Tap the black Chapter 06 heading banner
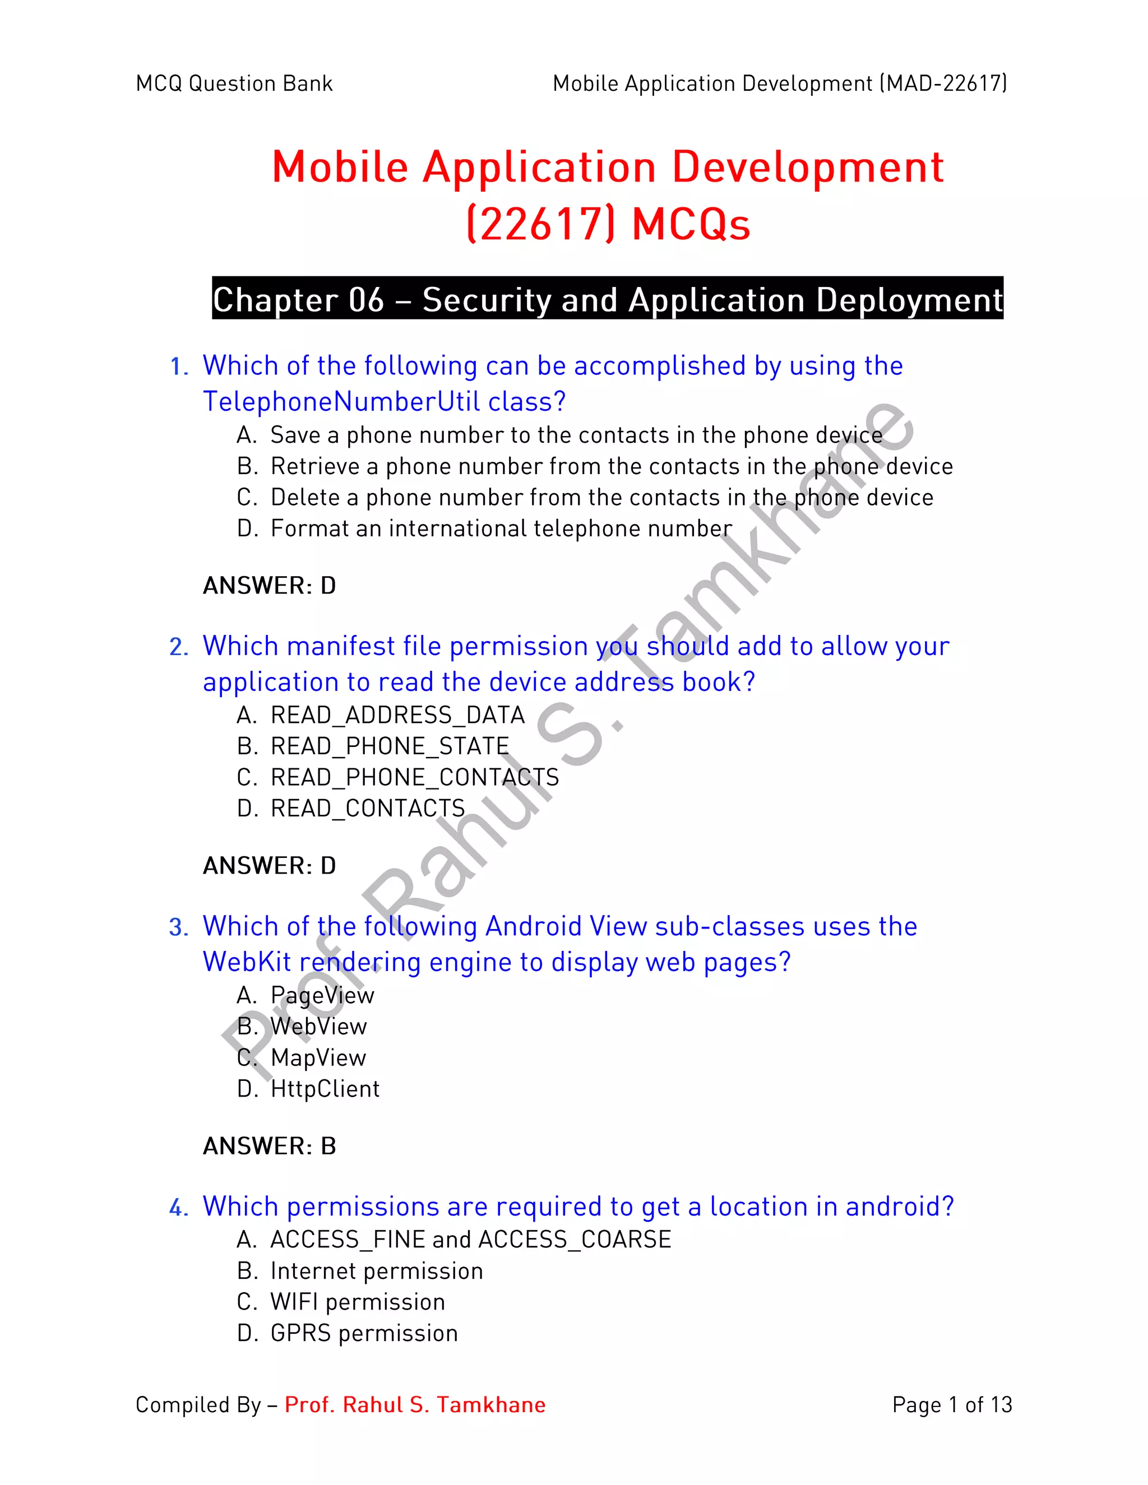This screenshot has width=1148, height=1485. [x=607, y=299]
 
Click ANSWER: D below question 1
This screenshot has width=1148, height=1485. [x=269, y=586]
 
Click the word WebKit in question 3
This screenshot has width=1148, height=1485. [x=246, y=962]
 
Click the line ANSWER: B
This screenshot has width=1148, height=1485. [x=269, y=1147]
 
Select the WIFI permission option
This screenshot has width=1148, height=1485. [x=357, y=1302]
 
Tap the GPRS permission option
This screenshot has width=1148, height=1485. [x=364, y=1333]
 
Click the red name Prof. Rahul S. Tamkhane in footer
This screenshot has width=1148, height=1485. [x=415, y=1405]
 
